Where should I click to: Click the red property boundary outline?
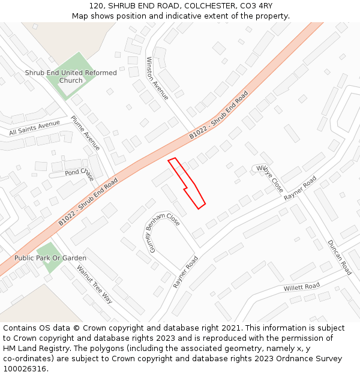pyautogui.click(x=187, y=183)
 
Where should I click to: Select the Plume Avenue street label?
pyautogui.click(x=85, y=133)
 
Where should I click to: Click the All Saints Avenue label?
pyautogui.click(x=34, y=128)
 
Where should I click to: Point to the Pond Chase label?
pyautogui.click(x=79, y=173)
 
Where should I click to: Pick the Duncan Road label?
pyautogui.click(x=340, y=257)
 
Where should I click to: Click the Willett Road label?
pyautogui.click(x=301, y=287)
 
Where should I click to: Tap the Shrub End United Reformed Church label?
pyautogui.click(x=71, y=77)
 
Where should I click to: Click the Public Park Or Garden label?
pyautogui.click(x=50, y=258)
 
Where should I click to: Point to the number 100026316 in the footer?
pyautogui.click(x=25, y=368)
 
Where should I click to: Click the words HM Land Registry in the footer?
pyautogui.click(x=31, y=348)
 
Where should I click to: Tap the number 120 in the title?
pyautogui.click(x=97, y=5)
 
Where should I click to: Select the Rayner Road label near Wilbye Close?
pyautogui.click(x=300, y=188)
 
